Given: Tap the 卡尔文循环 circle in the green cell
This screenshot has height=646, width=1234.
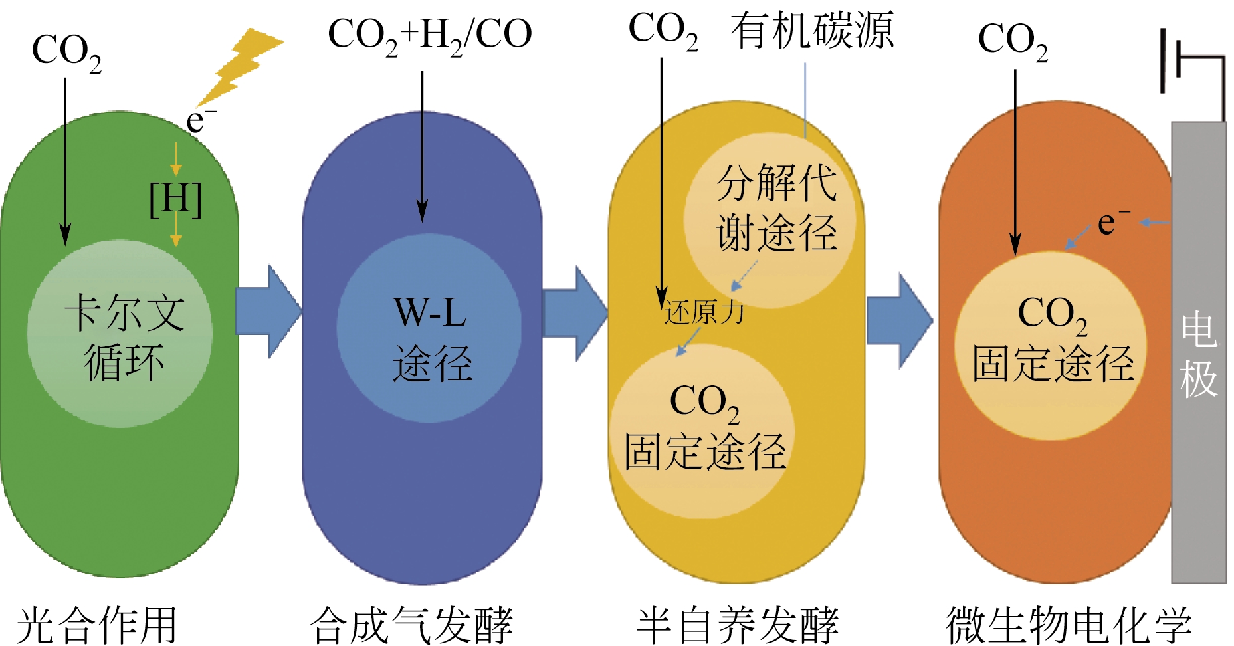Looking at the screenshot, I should point(120,334).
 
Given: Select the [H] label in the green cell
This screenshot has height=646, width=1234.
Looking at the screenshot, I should point(175,199).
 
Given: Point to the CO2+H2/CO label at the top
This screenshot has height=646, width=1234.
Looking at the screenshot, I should point(429,35).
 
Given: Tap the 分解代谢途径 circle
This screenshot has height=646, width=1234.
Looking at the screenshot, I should point(770,219).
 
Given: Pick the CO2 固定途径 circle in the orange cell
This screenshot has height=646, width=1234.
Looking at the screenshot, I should point(1051,346).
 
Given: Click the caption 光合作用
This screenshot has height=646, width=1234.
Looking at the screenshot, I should point(97,625).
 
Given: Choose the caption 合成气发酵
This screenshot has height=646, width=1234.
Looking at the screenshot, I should point(411,625).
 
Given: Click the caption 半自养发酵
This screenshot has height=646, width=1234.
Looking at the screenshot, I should point(738,625).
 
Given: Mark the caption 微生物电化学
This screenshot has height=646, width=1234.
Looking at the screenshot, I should point(1069,625).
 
